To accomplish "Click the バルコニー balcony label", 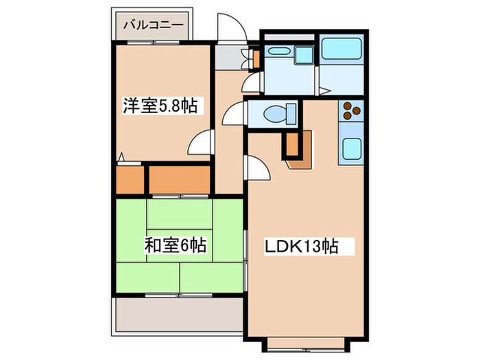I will click(x=153, y=25).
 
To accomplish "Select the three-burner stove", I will click(x=351, y=110).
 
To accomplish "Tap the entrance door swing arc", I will click(x=228, y=27).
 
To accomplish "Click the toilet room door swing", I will click(x=232, y=112).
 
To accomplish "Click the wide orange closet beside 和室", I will click(x=179, y=179).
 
